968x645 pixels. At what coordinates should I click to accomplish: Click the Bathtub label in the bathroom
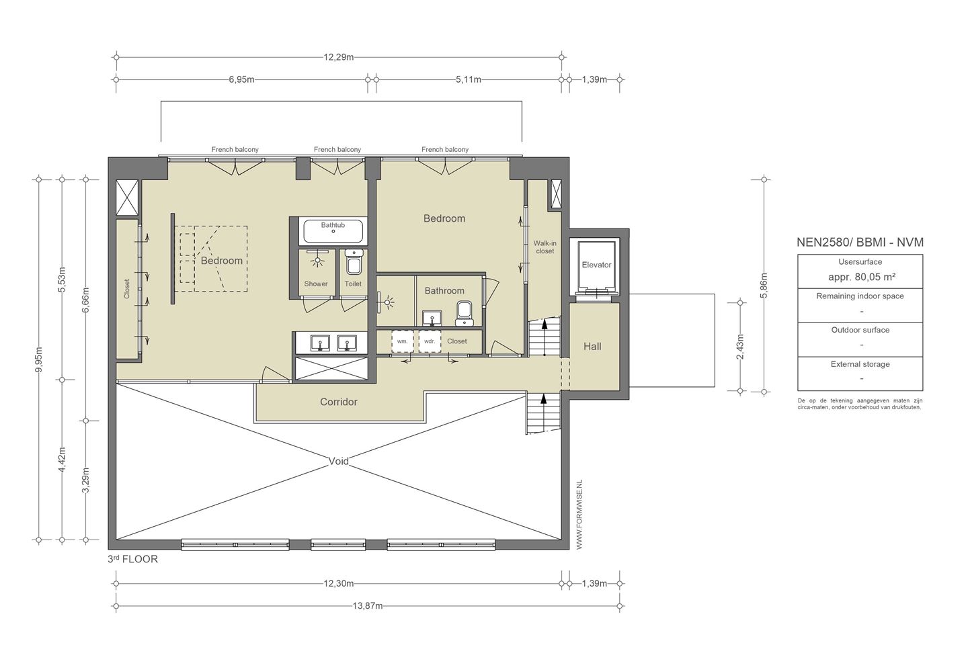tap(333, 225)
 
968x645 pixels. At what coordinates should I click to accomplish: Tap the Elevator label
tap(596, 265)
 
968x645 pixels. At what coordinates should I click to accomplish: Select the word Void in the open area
tap(338, 462)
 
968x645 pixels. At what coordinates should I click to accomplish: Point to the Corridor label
tap(339, 402)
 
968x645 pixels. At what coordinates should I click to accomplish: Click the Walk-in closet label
tap(545, 247)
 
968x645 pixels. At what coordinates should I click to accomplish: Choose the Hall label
tap(592, 346)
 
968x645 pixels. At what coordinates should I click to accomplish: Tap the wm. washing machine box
tap(403, 341)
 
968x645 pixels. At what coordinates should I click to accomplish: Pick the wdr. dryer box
tap(430, 341)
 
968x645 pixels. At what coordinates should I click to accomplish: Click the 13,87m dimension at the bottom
tap(368, 605)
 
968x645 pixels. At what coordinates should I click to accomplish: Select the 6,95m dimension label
tap(241, 79)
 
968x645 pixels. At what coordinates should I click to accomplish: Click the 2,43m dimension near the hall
tap(740, 347)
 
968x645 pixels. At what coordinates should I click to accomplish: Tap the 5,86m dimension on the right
tap(764, 285)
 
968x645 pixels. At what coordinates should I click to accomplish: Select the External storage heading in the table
tap(860, 364)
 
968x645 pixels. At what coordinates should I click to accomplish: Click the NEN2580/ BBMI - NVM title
tap(860, 243)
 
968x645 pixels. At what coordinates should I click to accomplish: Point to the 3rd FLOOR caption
tap(132, 559)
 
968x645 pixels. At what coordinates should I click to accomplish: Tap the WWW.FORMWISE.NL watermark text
tap(579, 514)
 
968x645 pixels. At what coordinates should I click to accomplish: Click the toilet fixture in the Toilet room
tap(353, 262)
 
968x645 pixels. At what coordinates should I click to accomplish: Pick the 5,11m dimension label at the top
tap(469, 79)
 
